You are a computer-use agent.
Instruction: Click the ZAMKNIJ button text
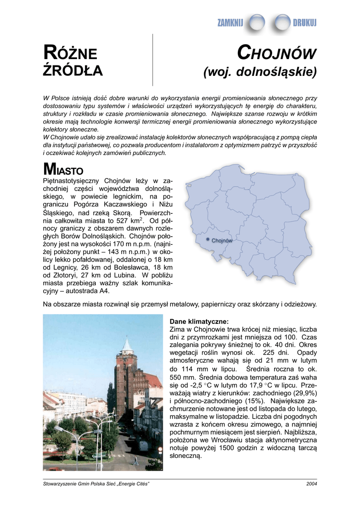230,22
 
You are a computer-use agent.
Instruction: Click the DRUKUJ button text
304,22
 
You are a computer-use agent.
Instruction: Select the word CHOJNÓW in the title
277,53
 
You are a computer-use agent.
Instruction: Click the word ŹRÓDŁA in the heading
73,71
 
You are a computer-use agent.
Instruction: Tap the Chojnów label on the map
222,241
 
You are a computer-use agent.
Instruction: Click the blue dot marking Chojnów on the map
208,240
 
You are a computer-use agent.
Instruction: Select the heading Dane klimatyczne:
199,321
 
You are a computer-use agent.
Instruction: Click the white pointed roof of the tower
127,344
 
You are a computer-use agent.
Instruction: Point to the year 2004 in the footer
311,484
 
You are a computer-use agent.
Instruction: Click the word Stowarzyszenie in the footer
60,484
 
